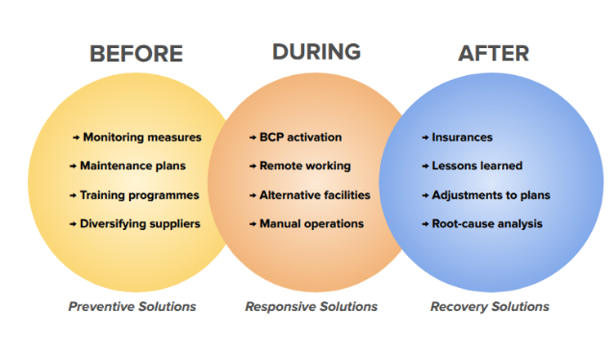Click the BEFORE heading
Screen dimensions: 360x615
pyautogui.click(x=136, y=54)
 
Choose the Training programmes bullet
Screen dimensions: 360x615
pyautogui.click(x=141, y=194)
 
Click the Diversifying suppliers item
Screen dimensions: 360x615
pyautogui.click(x=141, y=223)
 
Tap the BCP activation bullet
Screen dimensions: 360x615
pyautogui.click(x=300, y=137)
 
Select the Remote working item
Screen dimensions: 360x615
pyautogui.click(x=305, y=166)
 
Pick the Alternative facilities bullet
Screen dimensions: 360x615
pyautogui.click(x=315, y=194)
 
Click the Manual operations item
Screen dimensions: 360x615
pyautogui.click(x=312, y=223)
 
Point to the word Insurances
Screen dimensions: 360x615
pyautogui.click(x=462, y=137)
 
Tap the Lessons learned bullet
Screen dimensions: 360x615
pyautogui.click(x=476, y=166)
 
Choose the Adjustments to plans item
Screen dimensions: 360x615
pyautogui.click(x=491, y=194)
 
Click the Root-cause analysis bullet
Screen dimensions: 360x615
pyautogui.click(x=487, y=223)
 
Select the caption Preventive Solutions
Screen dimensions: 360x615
pyautogui.click(x=132, y=306)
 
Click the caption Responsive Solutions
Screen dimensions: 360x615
pyautogui.click(x=311, y=306)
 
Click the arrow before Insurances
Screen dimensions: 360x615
pyautogui.click(x=425, y=138)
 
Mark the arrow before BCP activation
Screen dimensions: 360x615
pyautogui.click(x=253, y=138)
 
